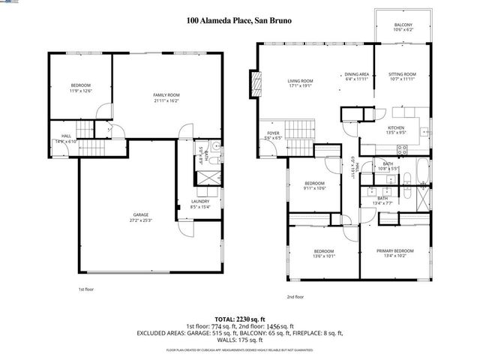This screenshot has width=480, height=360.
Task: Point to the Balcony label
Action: coord(402,28)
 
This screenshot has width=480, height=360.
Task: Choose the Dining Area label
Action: coord(356,77)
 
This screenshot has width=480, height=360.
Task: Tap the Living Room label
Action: coord(300,83)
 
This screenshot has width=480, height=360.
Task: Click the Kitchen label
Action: coord(395,130)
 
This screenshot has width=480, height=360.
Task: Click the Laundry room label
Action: coord(199,204)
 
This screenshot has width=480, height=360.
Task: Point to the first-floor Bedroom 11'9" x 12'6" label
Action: coord(80,88)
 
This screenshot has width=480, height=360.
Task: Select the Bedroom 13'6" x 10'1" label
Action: coord(323,253)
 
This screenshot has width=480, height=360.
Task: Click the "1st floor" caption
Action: coord(85,289)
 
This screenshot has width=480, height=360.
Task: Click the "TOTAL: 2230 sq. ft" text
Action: coord(240,319)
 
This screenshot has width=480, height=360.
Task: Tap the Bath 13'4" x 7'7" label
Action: coord(382,200)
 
